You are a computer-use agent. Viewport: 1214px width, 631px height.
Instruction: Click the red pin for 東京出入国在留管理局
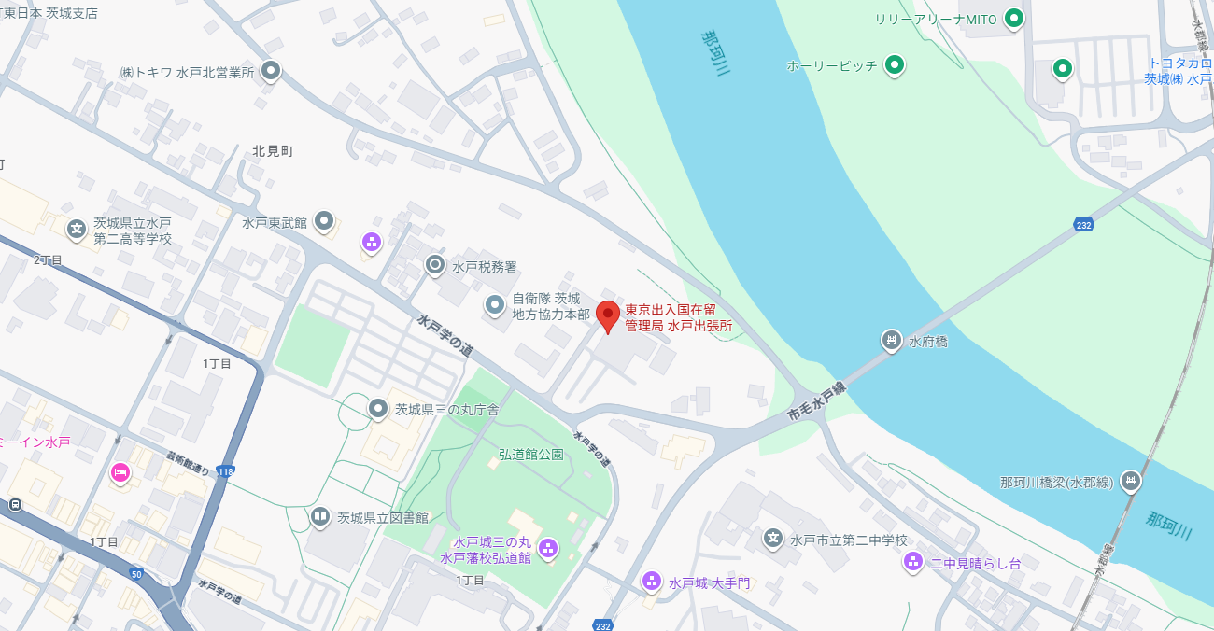608,315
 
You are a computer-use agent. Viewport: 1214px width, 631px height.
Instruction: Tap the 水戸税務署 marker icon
434,265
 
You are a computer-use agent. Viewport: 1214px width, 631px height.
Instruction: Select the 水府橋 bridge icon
892,341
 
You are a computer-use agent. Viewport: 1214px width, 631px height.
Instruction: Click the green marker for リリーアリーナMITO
1013,18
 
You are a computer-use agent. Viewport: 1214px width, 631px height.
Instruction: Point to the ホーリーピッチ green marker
895,64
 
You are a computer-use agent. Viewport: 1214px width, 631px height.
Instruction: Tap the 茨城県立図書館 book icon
320,516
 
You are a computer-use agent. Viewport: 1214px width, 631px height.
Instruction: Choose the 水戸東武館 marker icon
324,221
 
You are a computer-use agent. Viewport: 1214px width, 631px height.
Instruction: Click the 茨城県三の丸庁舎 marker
377,408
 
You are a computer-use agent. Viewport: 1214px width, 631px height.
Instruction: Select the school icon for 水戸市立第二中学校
772,539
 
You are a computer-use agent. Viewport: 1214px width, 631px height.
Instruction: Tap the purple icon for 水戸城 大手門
652,582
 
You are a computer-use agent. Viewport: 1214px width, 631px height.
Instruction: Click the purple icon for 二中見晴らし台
912,562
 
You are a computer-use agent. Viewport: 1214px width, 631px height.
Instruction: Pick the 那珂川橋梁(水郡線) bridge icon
1131,481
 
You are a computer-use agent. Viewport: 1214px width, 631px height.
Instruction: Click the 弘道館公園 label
530,455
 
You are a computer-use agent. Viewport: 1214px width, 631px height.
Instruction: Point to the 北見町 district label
273,150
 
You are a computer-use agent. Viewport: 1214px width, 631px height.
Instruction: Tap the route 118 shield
225,471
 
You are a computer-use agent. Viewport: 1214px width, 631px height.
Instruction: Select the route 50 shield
136,574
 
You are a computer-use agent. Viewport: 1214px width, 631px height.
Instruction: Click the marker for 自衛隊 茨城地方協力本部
494,304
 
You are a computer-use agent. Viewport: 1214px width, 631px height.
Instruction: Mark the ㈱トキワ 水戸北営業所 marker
271,70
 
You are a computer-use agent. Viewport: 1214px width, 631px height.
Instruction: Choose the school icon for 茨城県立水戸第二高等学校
76,229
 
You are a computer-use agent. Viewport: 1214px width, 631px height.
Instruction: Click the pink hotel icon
120,473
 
